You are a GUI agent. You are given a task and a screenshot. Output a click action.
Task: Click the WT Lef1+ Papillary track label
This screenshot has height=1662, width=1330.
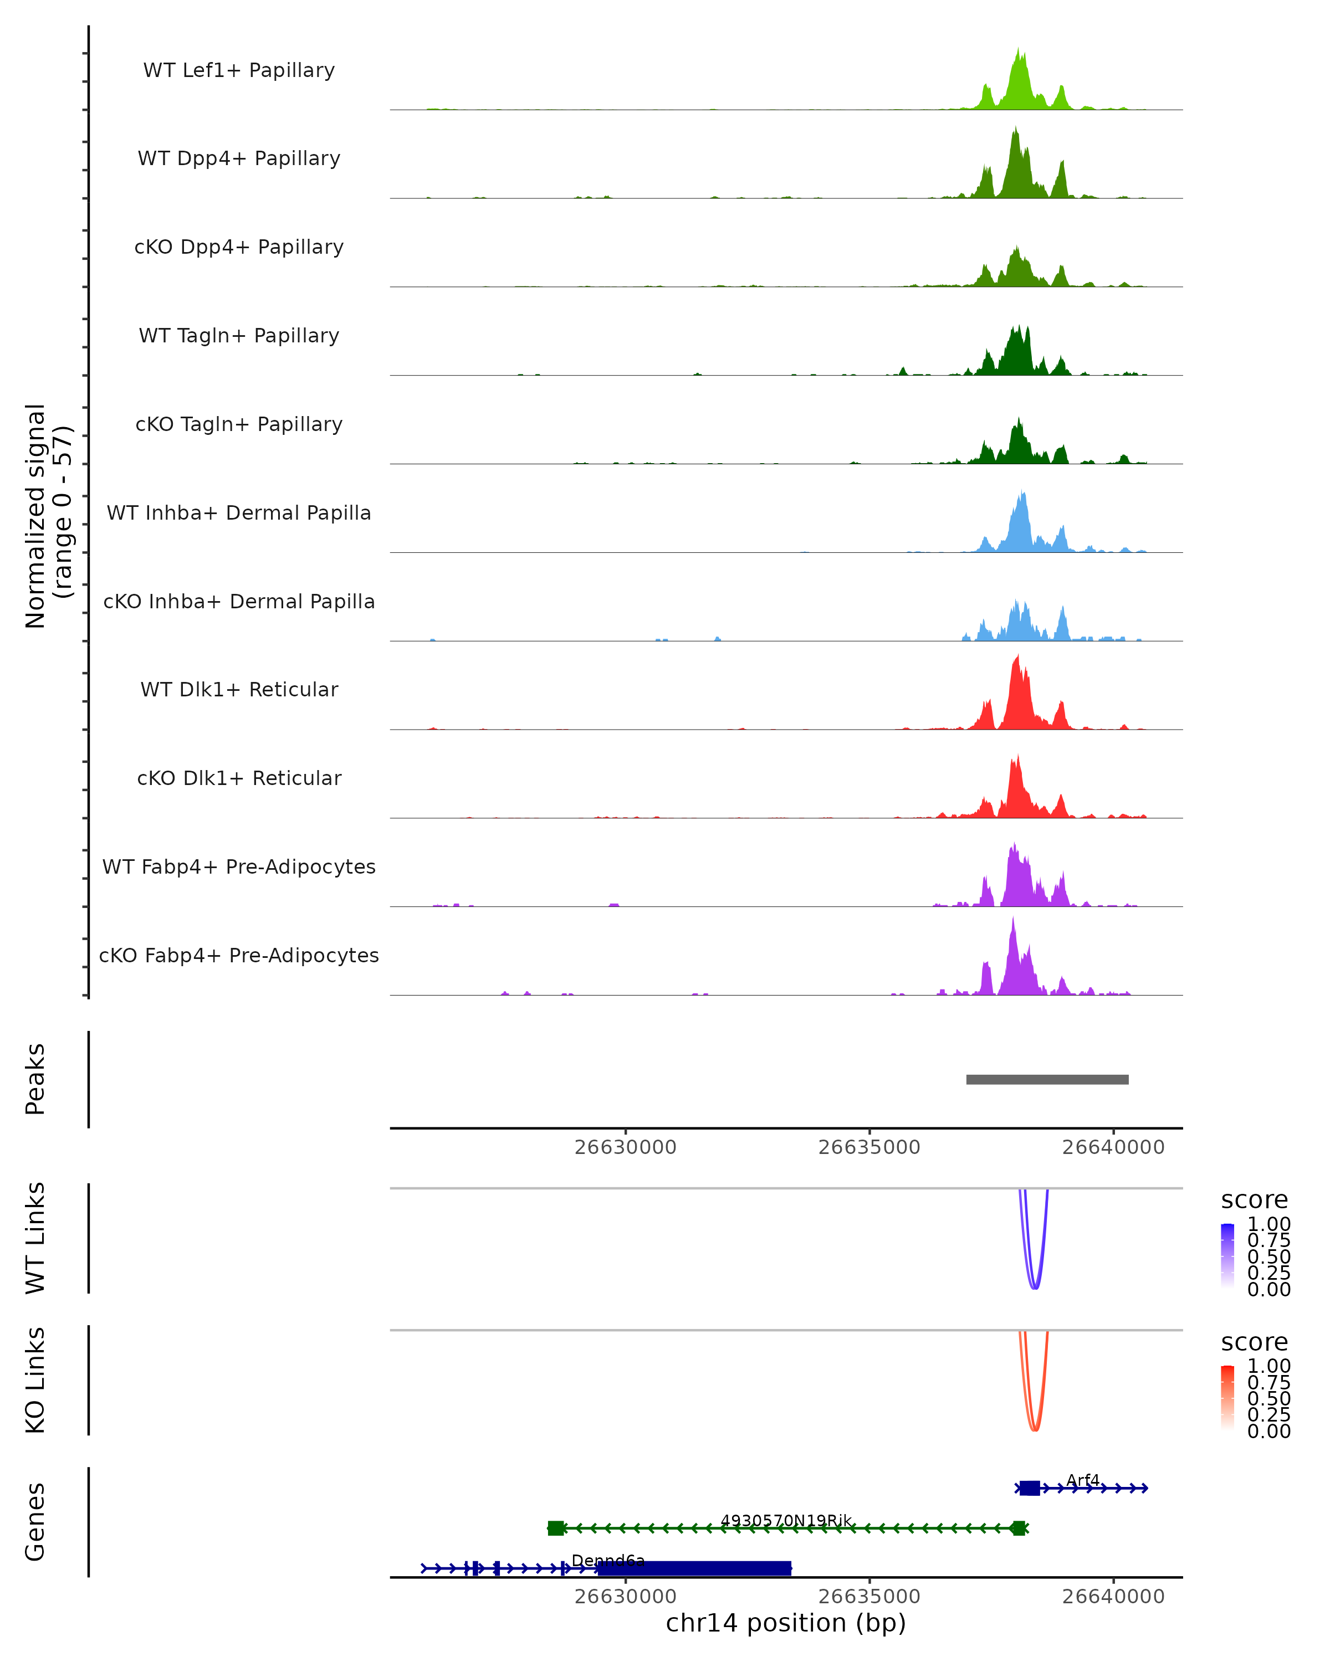(x=239, y=70)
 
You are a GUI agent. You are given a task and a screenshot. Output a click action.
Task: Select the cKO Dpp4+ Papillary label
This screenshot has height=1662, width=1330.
(x=239, y=248)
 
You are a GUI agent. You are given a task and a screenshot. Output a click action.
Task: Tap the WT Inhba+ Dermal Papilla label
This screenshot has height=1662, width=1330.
(x=239, y=514)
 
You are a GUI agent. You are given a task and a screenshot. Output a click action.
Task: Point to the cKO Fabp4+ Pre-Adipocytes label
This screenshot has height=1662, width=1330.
(x=239, y=956)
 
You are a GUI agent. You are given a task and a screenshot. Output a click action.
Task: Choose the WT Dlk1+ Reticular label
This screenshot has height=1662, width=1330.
(x=239, y=690)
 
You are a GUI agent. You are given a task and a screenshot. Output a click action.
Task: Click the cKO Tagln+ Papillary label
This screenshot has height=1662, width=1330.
(x=239, y=425)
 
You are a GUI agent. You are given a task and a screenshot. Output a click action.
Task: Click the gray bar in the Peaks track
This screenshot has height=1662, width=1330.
(x=1047, y=1080)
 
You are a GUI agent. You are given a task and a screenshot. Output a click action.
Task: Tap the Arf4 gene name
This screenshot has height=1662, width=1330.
(x=1082, y=1480)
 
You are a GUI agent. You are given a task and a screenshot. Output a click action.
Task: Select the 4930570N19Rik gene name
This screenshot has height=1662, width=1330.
(x=786, y=1521)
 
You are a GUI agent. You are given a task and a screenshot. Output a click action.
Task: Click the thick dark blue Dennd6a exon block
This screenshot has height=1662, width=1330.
(x=694, y=1569)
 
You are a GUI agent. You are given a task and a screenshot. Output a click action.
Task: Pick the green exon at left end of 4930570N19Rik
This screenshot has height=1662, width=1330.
(x=555, y=1528)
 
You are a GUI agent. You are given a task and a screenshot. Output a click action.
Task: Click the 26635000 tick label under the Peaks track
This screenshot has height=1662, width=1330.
(x=869, y=1148)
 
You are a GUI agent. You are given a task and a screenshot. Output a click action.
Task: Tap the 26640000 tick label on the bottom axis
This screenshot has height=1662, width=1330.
(x=1113, y=1597)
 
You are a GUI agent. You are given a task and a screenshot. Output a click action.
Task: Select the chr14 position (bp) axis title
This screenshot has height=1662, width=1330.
(x=786, y=1623)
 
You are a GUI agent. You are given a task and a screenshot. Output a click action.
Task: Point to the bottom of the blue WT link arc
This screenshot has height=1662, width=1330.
(x=1035, y=1287)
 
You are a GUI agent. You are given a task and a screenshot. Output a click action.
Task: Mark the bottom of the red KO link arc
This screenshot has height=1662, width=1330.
(x=1035, y=1429)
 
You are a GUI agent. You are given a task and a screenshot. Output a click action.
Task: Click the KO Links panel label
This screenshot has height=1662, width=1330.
(x=35, y=1380)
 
